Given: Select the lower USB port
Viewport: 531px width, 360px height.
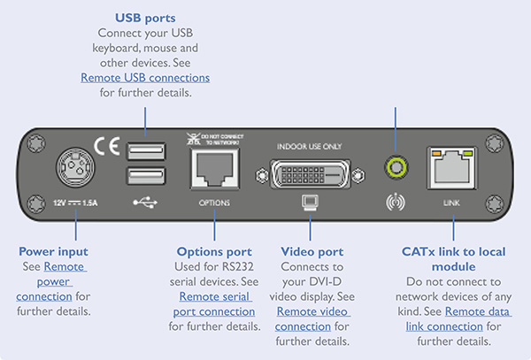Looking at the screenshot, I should point(146,176).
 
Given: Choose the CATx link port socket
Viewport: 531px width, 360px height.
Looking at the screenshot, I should point(452,167).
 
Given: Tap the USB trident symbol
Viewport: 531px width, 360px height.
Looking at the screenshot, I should point(146,202).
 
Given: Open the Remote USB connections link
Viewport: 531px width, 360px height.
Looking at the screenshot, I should point(145,78).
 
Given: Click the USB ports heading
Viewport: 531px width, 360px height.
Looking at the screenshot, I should point(145,18).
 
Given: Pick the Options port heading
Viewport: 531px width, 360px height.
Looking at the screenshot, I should point(214,252).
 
